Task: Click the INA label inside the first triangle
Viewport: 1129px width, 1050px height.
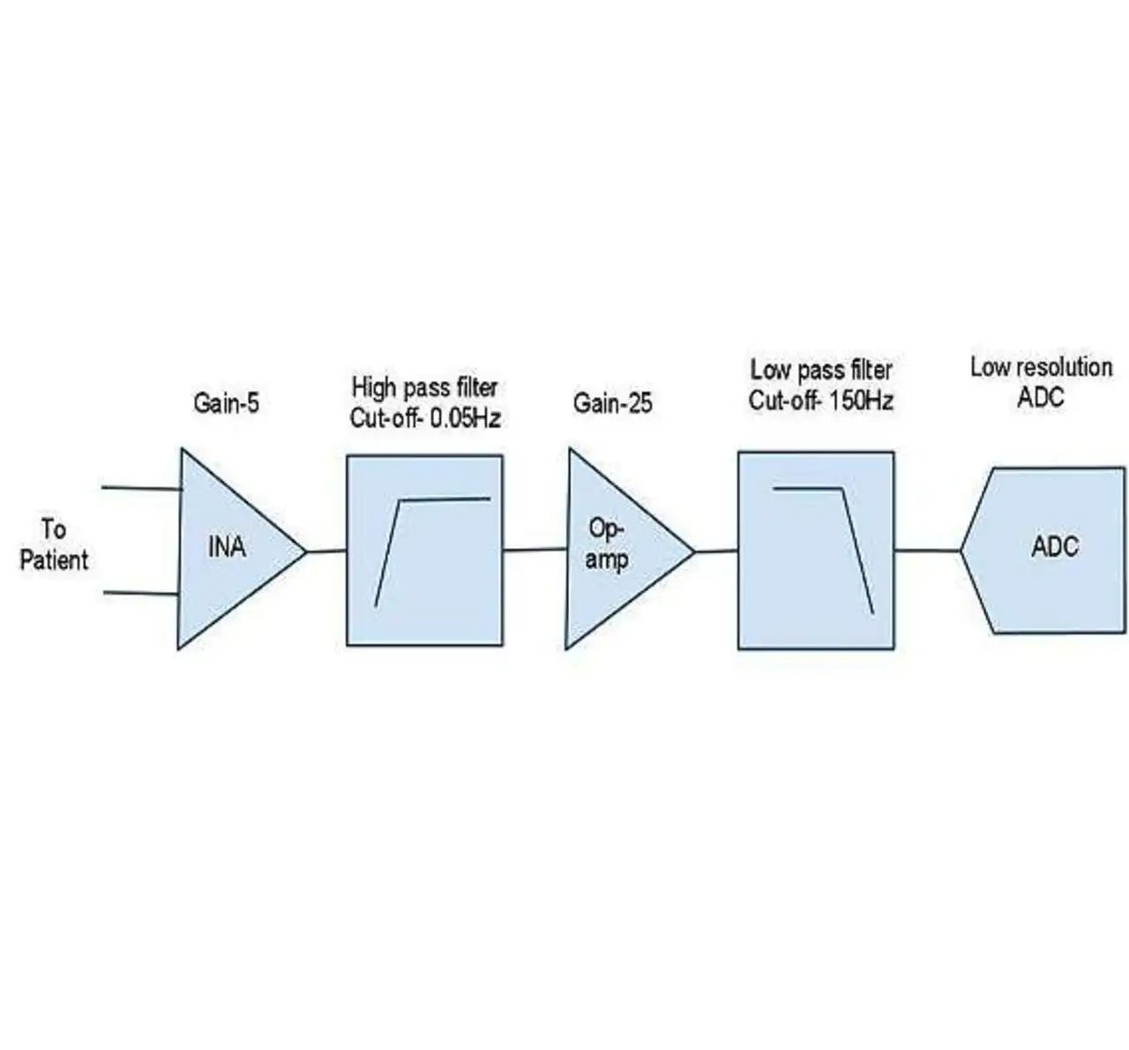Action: coord(226,548)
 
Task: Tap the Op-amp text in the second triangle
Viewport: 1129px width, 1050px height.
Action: coord(607,544)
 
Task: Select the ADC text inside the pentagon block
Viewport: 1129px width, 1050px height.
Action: coord(1054,546)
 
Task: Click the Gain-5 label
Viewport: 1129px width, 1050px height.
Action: coord(226,403)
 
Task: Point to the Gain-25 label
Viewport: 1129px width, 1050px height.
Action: coord(612,403)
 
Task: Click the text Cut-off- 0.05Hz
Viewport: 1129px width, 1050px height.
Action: coord(425,418)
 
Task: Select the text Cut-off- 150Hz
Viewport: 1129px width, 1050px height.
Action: coord(820,401)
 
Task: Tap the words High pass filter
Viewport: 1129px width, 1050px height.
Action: coord(424,387)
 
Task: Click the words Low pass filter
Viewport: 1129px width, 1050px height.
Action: coord(820,369)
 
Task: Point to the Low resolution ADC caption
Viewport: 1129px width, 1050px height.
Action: coord(1041,381)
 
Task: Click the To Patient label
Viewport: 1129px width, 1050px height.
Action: coord(54,545)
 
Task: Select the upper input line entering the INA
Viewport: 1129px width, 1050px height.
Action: coord(141,487)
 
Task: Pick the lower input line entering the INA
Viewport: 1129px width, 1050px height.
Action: coord(141,593)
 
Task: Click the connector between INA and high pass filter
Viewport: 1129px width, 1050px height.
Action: coord(326,551)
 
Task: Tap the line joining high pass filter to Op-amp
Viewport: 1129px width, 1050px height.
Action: coord(535,550)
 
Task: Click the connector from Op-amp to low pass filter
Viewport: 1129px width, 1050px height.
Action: coord(716,551)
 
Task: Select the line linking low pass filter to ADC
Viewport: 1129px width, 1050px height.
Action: coord(927,551)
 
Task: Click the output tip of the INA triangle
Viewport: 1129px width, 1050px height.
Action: coord(304,552)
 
